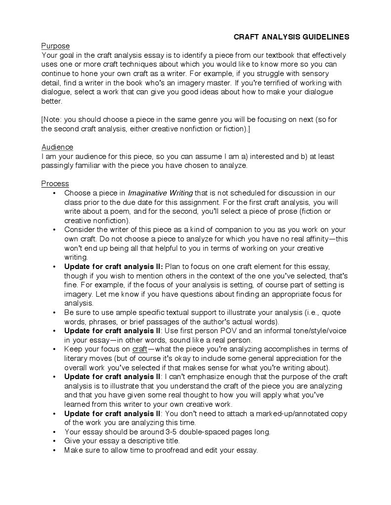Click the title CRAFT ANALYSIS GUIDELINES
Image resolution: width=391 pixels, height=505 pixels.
[291, 37]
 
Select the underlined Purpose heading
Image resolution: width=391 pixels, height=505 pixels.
[55, 46]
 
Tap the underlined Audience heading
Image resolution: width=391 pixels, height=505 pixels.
[57, 147]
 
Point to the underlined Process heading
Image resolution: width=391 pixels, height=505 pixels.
[55, 184]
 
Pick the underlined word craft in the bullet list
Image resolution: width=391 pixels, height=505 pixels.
[140, 349]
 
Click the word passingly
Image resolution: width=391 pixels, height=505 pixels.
[59, 165]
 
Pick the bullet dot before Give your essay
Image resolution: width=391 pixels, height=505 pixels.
[53, 441]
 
